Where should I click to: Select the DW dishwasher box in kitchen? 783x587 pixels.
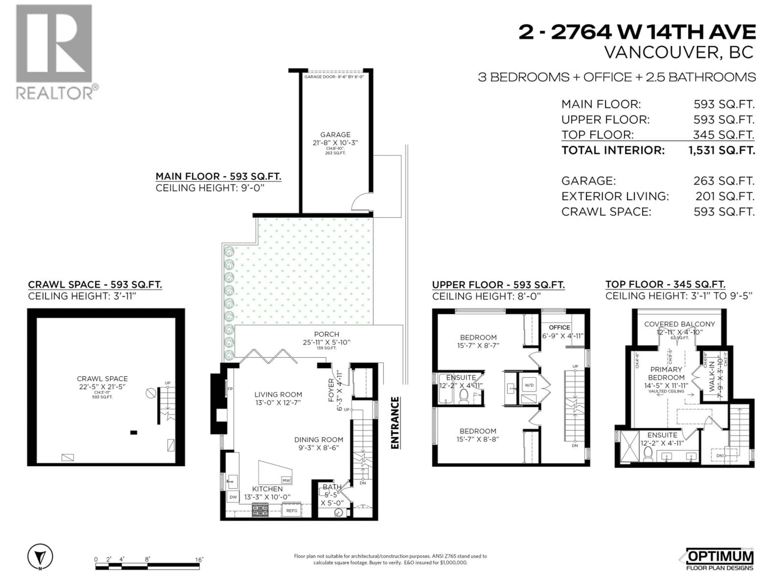click(233, 497)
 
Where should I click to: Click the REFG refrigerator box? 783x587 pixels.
click(292, 511)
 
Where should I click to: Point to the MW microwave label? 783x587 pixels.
click(286, 480)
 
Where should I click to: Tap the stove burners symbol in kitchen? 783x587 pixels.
click(260, 510)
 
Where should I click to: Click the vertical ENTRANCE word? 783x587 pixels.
click(395, 423)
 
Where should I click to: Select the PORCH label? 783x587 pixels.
click(326, 334)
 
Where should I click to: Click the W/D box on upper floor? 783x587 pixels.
click(529, 385)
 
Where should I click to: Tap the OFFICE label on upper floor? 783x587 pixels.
click(559, 327)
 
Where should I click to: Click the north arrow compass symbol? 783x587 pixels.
click(40, 557)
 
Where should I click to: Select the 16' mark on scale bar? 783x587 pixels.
click(199, 560)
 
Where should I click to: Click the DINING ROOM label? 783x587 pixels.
click(319, 439)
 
